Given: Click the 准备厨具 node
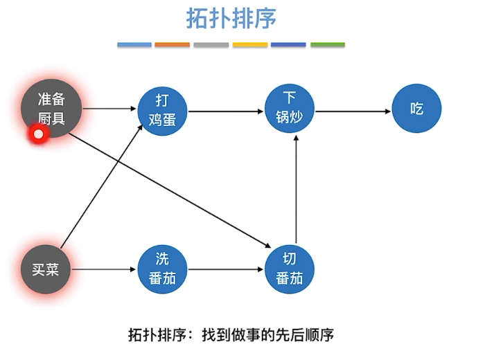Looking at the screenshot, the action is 51,109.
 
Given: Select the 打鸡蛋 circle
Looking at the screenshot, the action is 162,111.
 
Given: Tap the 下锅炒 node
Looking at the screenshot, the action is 289,108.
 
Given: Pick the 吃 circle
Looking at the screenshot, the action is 416,108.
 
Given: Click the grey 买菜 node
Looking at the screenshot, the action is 46,269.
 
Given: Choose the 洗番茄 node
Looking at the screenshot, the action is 162,269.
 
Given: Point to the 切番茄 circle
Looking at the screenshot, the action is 289,269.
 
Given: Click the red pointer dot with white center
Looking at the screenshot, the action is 38,134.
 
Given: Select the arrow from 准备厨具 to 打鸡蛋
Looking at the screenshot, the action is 109,109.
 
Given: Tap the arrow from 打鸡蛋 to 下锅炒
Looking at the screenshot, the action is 226,111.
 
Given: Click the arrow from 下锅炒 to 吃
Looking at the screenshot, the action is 353,111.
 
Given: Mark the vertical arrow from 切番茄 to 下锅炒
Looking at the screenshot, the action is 296,190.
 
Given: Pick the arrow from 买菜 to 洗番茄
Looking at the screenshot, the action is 103,269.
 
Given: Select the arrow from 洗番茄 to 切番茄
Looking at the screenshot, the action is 226,269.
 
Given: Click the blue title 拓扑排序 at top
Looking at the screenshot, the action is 231,19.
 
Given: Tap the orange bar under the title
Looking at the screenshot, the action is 173,44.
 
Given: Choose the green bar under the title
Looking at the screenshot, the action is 328,44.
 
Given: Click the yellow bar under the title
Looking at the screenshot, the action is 250,44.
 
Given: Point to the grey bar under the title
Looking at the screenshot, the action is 211,44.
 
